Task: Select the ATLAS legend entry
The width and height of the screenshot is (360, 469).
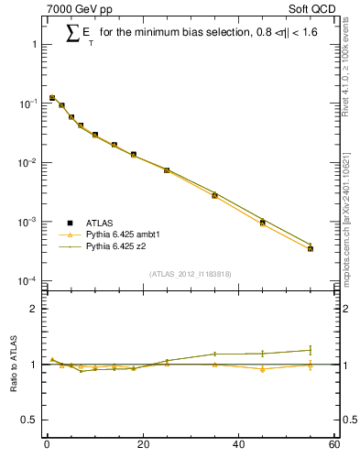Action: click(88, 223)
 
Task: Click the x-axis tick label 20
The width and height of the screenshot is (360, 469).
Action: click(142, 445)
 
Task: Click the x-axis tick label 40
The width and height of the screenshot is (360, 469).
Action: click(238, 445)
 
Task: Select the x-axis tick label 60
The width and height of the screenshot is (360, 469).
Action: click(333, 445)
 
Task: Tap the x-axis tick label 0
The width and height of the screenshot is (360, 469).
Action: click(47, 445)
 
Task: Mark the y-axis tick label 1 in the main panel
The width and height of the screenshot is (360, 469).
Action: click(34, 45)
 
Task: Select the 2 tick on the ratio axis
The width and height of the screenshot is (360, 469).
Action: click(34, 309)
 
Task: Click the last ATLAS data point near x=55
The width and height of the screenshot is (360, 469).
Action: click(311, 248)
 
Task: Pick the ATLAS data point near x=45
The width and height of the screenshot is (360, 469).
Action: click(263, 223)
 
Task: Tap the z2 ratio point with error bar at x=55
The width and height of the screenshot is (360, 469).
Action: click(311, 350)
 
